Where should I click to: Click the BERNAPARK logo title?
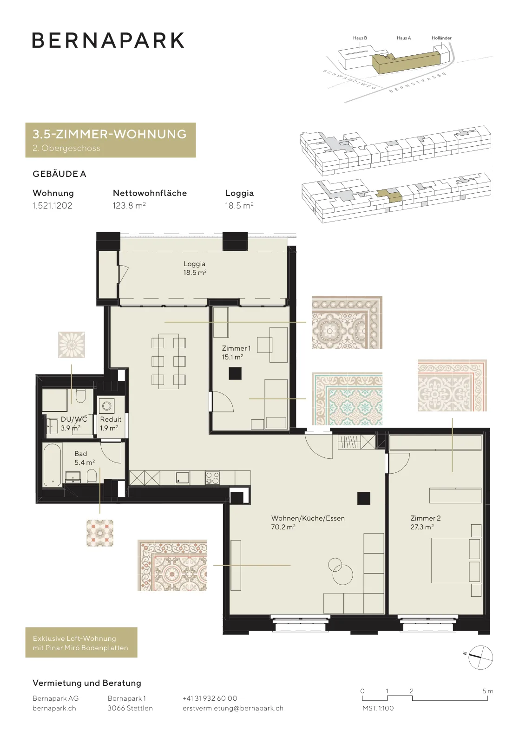[x=108, y=40]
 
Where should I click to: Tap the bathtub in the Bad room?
[x=53, y=465]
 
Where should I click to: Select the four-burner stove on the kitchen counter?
[x=212, y=478]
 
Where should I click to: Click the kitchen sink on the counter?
[x=182, y=478]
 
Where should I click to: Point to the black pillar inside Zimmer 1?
[x=235, y=373]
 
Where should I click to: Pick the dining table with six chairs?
[x=169, y=361]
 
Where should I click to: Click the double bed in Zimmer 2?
[x=456, y=560]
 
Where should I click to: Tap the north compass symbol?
[x=480, y=658]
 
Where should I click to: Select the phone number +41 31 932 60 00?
[x=210, y=698]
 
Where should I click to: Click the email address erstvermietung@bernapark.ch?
[x=233, y=708]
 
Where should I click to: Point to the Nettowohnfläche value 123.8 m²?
[x=129, y=205]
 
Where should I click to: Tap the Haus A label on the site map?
[x=404, y=38]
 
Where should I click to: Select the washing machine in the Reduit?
[x=106, y=406]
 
